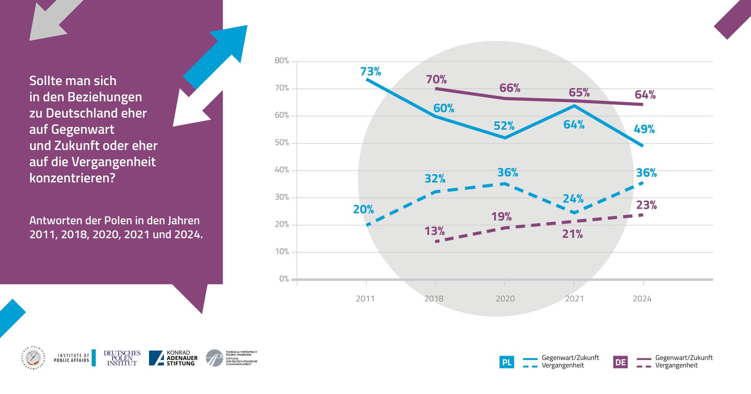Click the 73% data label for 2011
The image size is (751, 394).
point(370,72)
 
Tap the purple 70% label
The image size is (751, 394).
point(436,80)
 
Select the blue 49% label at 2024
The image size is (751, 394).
point(644,129)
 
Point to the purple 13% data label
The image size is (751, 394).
point(435,231)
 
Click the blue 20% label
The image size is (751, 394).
point(363,210)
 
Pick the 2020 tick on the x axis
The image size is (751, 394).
point(505,299)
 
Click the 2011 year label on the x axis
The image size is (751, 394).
point(365,299)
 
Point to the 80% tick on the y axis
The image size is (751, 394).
point(282,61)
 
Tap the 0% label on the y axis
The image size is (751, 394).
point(284,279)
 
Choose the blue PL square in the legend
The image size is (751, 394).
point(507,362)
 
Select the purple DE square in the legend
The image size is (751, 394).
point(620,362)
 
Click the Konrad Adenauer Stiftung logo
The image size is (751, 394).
point(173,358)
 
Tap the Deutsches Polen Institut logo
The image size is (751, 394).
point(122,358)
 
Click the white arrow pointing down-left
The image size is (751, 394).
point(195,109)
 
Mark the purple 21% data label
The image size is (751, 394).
point(573,235)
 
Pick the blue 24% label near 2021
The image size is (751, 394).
point(573,199)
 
